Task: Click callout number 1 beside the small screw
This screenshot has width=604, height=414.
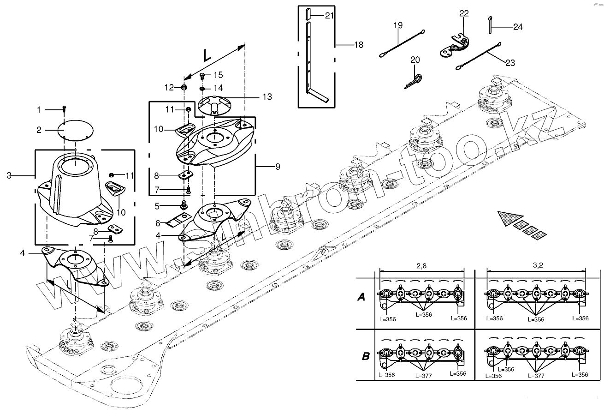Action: click(39, 110)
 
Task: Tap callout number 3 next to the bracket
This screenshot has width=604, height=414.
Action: click(9, 175)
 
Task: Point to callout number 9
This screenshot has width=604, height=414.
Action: click(278, 167)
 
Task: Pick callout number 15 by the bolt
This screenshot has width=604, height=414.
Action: click(218, 75)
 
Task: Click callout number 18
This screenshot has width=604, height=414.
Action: click(358, 45)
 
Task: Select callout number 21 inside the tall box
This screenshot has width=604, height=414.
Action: click(329, 16)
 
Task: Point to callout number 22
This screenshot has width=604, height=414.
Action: click(463, 14)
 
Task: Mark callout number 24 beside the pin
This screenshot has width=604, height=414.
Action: click(518, 27)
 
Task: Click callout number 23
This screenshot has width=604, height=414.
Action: click(510, 63)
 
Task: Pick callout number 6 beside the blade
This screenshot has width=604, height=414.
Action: click(157, 223)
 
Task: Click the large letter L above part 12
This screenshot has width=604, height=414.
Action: click(207, 56)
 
